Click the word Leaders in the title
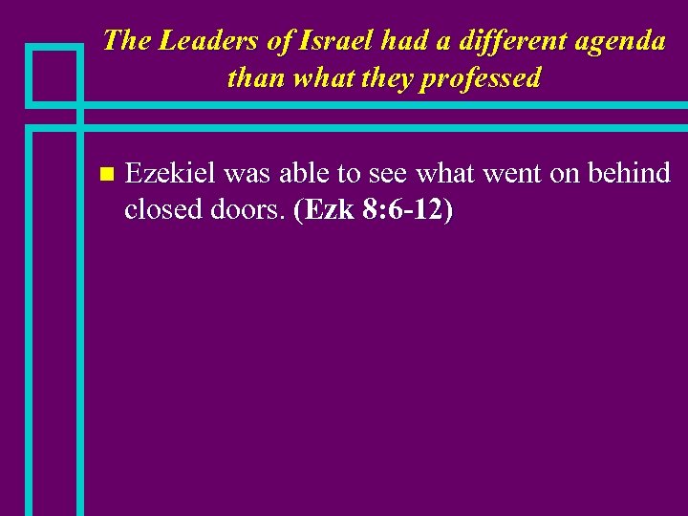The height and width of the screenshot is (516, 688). [196, 40]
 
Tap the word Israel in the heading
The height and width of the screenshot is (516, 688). [330, 40]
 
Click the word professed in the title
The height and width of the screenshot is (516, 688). [485, 78]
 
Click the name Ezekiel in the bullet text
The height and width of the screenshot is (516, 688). [172, 174]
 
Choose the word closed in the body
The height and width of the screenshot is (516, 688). [161, 210]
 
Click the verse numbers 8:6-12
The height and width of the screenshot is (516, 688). [406, 210]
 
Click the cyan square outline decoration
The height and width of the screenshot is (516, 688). [54, 75]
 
